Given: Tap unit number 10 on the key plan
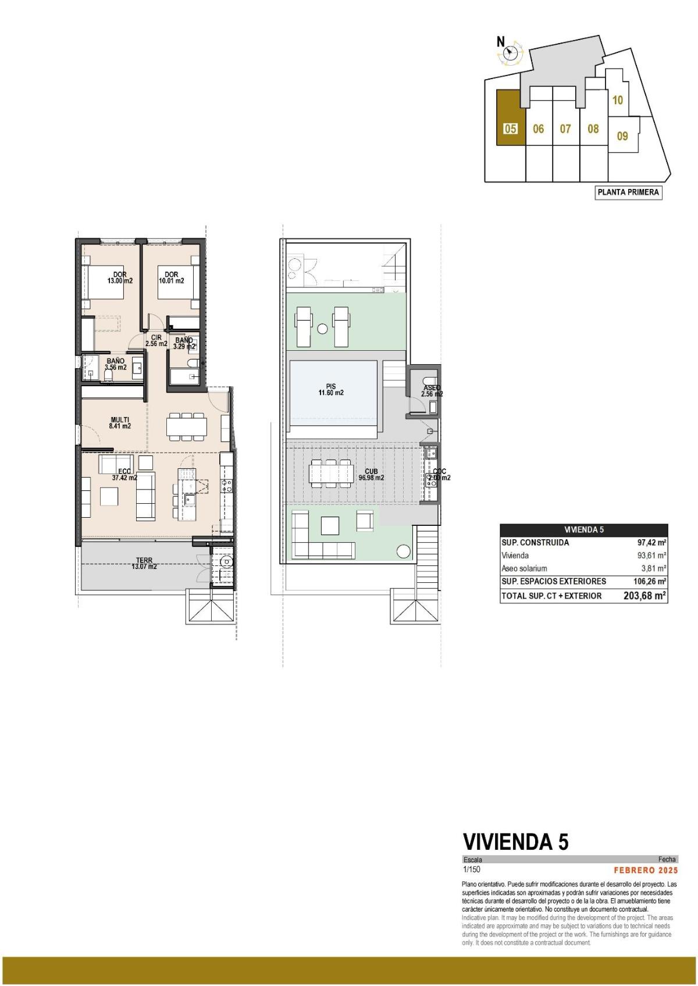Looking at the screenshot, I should point(618,100).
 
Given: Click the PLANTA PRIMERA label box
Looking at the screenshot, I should point(628,193).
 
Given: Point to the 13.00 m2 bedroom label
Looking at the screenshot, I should point(120,277).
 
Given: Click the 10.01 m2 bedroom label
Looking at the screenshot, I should point(171,277).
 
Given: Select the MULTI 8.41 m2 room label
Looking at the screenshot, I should point(120,423).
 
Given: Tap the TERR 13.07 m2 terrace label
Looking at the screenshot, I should point(144,563).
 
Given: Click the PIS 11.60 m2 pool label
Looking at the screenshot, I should point(331,389).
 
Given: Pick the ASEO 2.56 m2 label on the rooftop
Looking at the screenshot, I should point(432,391).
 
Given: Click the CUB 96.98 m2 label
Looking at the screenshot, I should point(371,475).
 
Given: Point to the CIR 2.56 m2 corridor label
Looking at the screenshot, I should point(156,340).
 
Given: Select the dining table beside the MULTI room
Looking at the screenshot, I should point(186,428).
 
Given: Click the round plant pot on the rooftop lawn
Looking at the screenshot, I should point(402,550).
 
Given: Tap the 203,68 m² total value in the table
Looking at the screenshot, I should point(644,596).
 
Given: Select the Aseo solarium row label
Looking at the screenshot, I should point(524,568).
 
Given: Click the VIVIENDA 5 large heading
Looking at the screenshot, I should point(515,842).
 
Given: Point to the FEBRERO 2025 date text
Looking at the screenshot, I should point(646,870).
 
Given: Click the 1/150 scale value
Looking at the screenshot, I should point(471,870).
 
